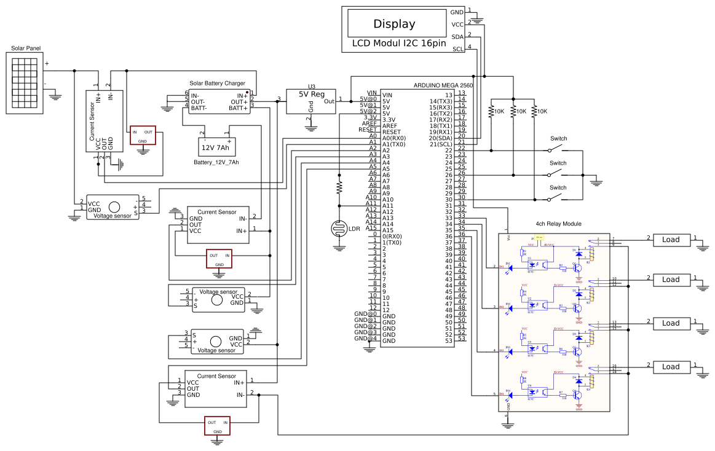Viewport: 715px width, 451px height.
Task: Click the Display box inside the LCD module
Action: (x=394, y=24)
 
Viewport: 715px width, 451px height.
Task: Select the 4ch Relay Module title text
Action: (x=558, y=224)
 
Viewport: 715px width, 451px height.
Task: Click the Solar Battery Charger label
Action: (x=217, y=83)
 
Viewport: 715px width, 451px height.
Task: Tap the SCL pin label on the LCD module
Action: (x=458, y=49)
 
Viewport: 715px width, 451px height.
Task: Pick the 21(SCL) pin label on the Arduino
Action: (x=440, y=144)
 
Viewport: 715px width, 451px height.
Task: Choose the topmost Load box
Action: (x=671, y=240)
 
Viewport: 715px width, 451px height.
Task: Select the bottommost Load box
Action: (x=671, y=367)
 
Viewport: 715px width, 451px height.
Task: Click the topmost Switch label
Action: (x=558, y=139)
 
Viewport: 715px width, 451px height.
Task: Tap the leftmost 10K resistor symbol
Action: (x=491, y=111)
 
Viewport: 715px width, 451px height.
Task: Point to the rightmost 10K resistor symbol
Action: (x=534, y=111)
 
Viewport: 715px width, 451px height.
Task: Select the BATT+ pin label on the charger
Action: (x=238, y=108)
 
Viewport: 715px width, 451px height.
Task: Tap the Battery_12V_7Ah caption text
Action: (x=216, y=163)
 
